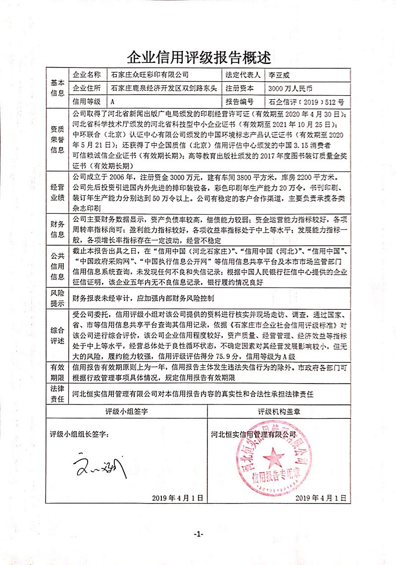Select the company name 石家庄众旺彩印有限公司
pos(149,75)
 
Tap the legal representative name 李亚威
pos(278,75)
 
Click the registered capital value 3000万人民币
pos(290,89)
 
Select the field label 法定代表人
pos(243,75)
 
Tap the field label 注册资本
pos(239,89)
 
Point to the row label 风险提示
pos(57,298)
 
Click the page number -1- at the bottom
pos(198,534)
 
